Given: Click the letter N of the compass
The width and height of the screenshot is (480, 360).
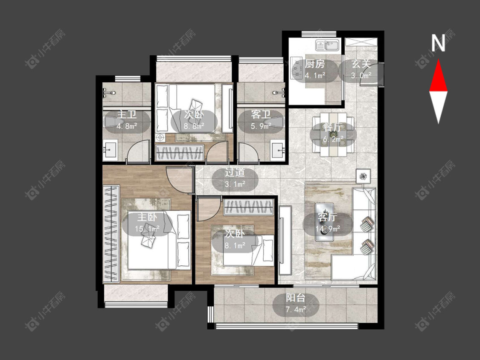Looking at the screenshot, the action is (438, 43).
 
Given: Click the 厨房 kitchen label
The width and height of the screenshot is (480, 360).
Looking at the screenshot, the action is (315, 64).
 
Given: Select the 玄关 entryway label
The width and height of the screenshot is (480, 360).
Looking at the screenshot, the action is (361, 64).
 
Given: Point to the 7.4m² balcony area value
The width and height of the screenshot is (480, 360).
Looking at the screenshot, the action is (296, 310).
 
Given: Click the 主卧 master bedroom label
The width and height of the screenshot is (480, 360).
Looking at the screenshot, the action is (147, 218).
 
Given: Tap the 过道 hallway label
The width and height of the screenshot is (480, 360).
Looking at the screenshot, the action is (235, 172).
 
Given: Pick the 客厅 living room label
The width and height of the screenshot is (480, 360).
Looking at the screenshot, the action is (327, 218).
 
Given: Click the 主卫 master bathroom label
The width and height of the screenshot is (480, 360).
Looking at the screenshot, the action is (127, 114).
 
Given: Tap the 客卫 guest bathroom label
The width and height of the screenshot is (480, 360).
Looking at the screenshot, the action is (261, 114).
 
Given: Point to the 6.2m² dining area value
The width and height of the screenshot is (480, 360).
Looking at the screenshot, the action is (333, 139).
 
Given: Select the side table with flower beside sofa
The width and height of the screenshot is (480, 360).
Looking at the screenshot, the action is (364, 176).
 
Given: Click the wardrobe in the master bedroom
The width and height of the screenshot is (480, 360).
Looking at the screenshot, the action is (111, 233).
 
